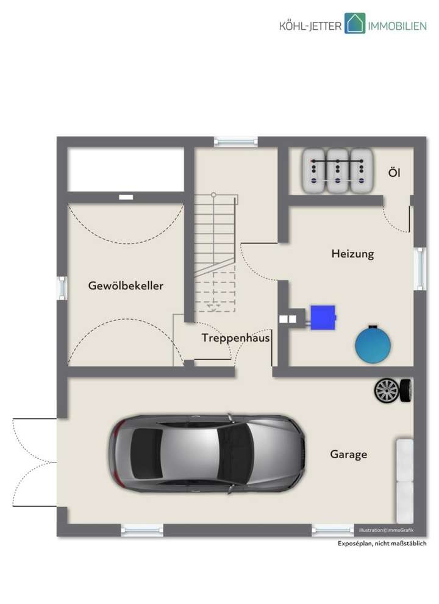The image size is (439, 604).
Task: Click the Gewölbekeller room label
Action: (x=126, y=286)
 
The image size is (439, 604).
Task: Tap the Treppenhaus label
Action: (x=235, y=338)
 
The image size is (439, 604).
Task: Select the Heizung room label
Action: (x=352, y=253)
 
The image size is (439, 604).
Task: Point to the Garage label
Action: (x=348, y=455)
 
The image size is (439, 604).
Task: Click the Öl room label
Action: (x=394, y=173)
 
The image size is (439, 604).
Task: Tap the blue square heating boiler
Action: (x=323, y=317)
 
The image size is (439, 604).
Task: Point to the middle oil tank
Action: (x=337, y=171)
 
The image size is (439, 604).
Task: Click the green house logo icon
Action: (x=354, y=23)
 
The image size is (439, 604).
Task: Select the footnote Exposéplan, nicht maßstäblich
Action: (x=382, y=544)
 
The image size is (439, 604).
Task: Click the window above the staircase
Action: (x=235, y=141)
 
